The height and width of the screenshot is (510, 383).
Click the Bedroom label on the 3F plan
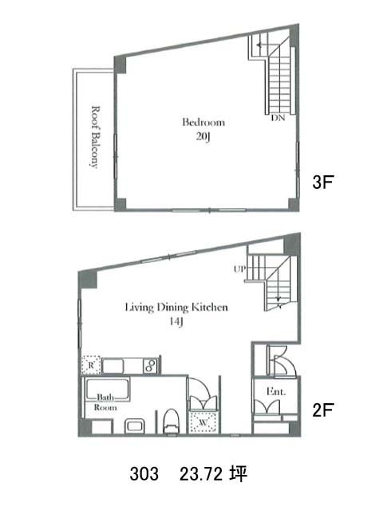[x=203, y=122]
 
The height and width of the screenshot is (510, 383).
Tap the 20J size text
[x=203, y=136]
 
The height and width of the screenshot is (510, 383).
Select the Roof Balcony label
[x=95, y=136]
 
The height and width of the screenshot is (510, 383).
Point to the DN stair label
[x=278, y=118]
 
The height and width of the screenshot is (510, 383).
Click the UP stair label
[x=239, y=269]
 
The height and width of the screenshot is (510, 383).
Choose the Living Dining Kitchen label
[x=176, y=308]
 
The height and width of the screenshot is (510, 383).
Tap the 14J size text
[x=176, y=322]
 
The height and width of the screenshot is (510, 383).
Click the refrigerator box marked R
[x=91, y=365]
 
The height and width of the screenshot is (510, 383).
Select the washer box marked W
[x=203, y=422]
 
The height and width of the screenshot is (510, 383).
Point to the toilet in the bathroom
[x=172, y=421]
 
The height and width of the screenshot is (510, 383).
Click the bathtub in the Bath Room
[x=107, y=390]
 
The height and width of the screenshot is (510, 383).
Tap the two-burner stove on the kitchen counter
[x=151, y=366]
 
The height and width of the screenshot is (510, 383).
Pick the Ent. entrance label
[x=276, y=391]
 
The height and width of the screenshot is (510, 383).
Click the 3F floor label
[x=323, y=182]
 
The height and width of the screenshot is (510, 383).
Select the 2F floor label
[x=323, y=410]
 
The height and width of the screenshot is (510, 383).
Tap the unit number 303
[x=144, y=473]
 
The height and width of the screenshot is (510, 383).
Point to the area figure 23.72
[x=201, y=473]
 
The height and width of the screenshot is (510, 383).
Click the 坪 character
[x=238, y=473]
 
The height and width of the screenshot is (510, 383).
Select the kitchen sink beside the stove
[x=113, y=366]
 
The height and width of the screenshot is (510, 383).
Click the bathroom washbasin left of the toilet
[x=135, y=426]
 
